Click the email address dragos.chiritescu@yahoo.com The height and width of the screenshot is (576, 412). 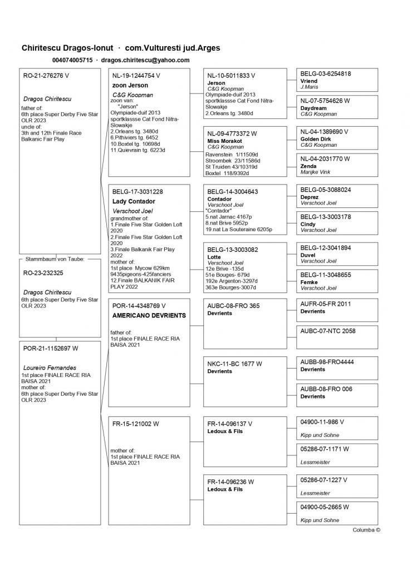pyautogui.click(x=145, y=60)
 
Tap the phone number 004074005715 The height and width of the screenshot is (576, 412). pyautogui.click(x=72, y=60)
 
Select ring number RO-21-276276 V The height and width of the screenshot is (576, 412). pyautogui.click(x=46, y=75)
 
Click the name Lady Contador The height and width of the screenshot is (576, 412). pyautogui.click(x=134, y=201)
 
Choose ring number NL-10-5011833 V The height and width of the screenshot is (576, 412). pyautogui.click(x=231, y=76)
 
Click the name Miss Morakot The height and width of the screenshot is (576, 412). pyautogui.click(x=221, y=141)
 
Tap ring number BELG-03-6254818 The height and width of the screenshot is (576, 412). pyautogui.click(x=326, y=73)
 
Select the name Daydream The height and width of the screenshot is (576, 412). pyautogui.click(x=313, y=108)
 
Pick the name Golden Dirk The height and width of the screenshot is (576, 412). pyautogui.click(x=316, y=139)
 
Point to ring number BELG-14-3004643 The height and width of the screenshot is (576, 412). pyautogui.click(x=233, y=192)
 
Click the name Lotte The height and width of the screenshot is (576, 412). pyautogui.click(x=214, y=257)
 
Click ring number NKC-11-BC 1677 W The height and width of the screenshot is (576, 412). pyautogui.click(x=234, y=364)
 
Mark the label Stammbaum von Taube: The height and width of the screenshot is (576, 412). pyautogui.click(x=53, y=259)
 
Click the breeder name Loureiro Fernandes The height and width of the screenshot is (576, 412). pyautogui.click(x=50, y=368)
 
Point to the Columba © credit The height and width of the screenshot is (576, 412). pyautogui.click(x=366, y=530)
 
